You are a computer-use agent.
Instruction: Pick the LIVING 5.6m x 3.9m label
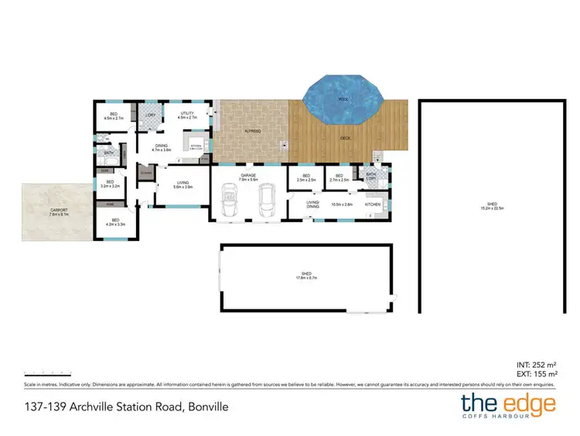tap(183, 185)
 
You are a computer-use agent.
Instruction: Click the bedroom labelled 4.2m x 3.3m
tap(114, 222)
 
